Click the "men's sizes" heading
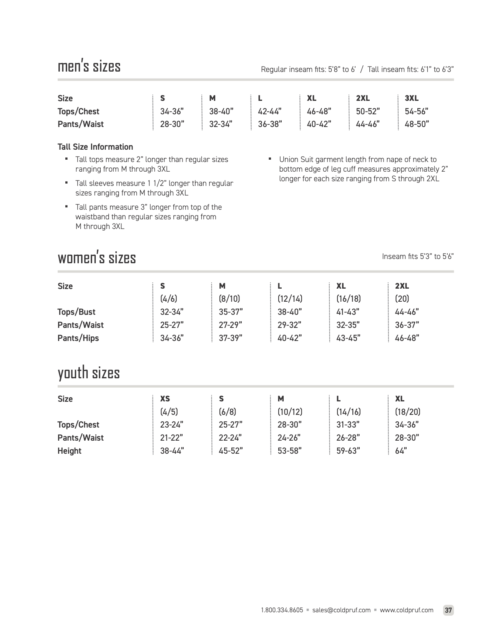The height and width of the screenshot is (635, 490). click(x=89, y=66)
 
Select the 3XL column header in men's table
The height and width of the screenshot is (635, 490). click(x=411, y=98)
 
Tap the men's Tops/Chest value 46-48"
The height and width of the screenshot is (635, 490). click(x=319, y=111)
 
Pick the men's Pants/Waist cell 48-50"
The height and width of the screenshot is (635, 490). click(x=417, y=124)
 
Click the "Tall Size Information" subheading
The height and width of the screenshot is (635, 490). click(x=95, y=147)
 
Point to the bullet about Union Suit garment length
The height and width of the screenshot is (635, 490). click(x=363, y=169)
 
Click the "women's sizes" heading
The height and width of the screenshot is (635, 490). click(x=97, y=257)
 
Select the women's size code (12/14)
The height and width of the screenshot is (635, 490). click(x=290, y=299)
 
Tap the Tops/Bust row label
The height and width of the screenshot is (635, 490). click(x=76, y=312)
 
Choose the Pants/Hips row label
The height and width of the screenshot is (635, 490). click(x=78, y=338)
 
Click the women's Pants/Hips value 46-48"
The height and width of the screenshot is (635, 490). click(x=407, y=338)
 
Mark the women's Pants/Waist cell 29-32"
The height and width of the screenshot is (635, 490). click(x=289, y=325)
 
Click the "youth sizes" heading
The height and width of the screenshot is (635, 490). click(x=89, y=373)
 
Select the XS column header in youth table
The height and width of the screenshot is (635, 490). click(x=165, y=399)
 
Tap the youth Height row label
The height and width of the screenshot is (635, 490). click(x=70, y=451)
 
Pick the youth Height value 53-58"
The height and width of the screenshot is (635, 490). click(x=289, y=451)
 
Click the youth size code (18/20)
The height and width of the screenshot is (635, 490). click(x=407, y=412)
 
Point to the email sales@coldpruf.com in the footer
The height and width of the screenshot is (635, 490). click(x=341, y=610)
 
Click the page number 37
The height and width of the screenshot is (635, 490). click(x=448, y=610)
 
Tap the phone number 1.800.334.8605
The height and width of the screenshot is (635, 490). click(x=282, y=610)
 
